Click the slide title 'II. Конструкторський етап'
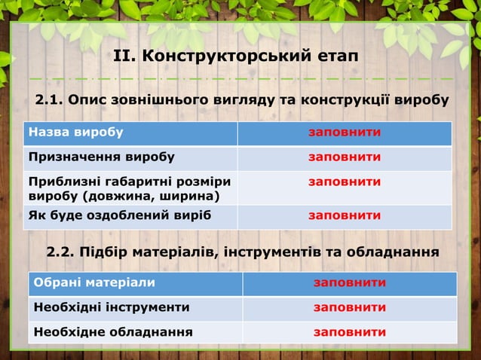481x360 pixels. point(235,56)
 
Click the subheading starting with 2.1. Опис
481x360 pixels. point(242,100)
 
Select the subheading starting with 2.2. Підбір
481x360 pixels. point(242,251)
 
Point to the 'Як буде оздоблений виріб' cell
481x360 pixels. point(119,215)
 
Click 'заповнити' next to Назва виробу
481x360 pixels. point(344,133)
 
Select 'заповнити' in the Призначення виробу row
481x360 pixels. point(344,157)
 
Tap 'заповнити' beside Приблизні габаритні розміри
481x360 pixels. point(344,182)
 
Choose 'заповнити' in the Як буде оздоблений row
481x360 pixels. point(344,215)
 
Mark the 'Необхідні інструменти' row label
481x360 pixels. point(109,307)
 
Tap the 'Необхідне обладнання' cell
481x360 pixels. point(111,331)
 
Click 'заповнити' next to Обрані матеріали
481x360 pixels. point(350,283)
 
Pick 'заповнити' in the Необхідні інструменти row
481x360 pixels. point(350,307)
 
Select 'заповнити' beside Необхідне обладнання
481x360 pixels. point(350,331)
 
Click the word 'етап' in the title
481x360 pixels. point(336,56)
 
